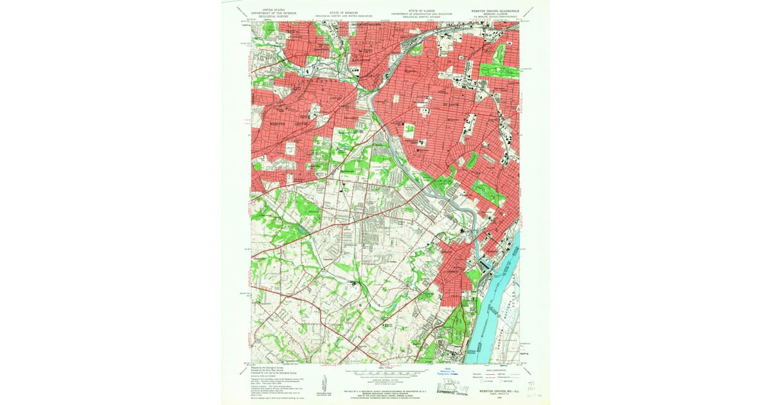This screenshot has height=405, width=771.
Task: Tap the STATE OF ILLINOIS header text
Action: coord(421,11)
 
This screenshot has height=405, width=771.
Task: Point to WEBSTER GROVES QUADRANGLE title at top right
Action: coord(496,11)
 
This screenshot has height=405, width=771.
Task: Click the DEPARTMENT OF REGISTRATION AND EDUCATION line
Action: coord(421,14)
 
